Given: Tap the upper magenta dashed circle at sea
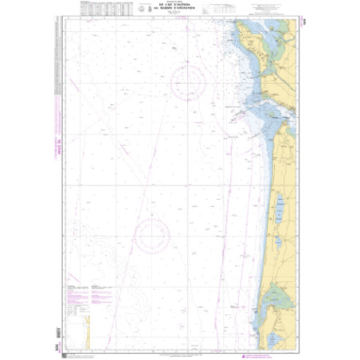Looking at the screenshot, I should (x=187, y=83).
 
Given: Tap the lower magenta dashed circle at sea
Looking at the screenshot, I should (x=151, y=235).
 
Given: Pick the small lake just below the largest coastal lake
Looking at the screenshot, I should (x=280, y=241).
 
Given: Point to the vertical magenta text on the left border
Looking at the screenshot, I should (x=57, y=148).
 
